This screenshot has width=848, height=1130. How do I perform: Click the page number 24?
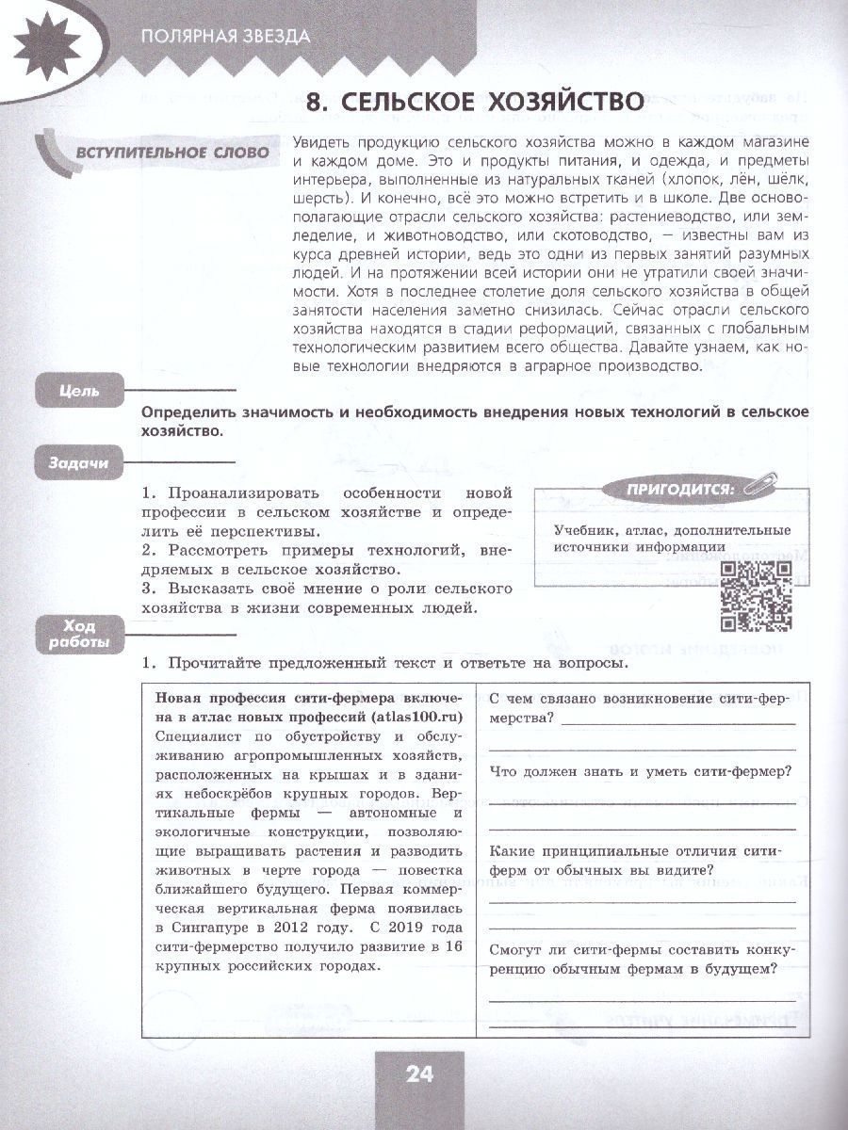click(419, 1073)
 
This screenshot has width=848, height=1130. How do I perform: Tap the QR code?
click(756, 595)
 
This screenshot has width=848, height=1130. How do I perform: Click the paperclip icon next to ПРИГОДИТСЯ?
click(754, 488)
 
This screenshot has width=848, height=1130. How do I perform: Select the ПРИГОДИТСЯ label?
click(666, 488)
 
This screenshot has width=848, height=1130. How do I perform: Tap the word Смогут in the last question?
click(517, 950)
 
